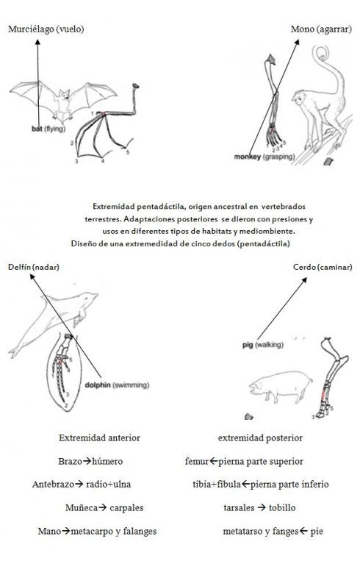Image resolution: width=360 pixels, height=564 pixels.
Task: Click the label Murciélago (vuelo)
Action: click(45, 29)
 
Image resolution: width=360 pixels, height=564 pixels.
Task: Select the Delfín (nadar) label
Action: click(34, 267)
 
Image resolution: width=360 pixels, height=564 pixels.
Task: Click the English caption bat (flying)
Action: click(48, 128)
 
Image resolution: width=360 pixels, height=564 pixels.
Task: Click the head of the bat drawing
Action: click(66, 95)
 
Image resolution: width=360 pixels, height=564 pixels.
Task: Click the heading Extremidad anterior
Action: click(99, 438)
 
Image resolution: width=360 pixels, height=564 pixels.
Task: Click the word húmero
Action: click(107, 462)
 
